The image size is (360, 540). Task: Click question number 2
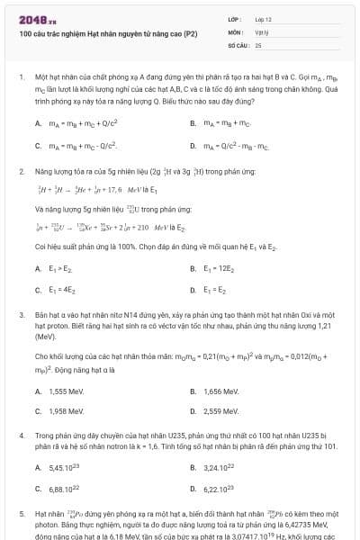[x=21, y=170]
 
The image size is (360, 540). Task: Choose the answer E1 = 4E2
[x=58, y=290]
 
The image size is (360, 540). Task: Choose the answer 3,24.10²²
[x=217, y=468]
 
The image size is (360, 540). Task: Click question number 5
[x=21, y=512]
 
